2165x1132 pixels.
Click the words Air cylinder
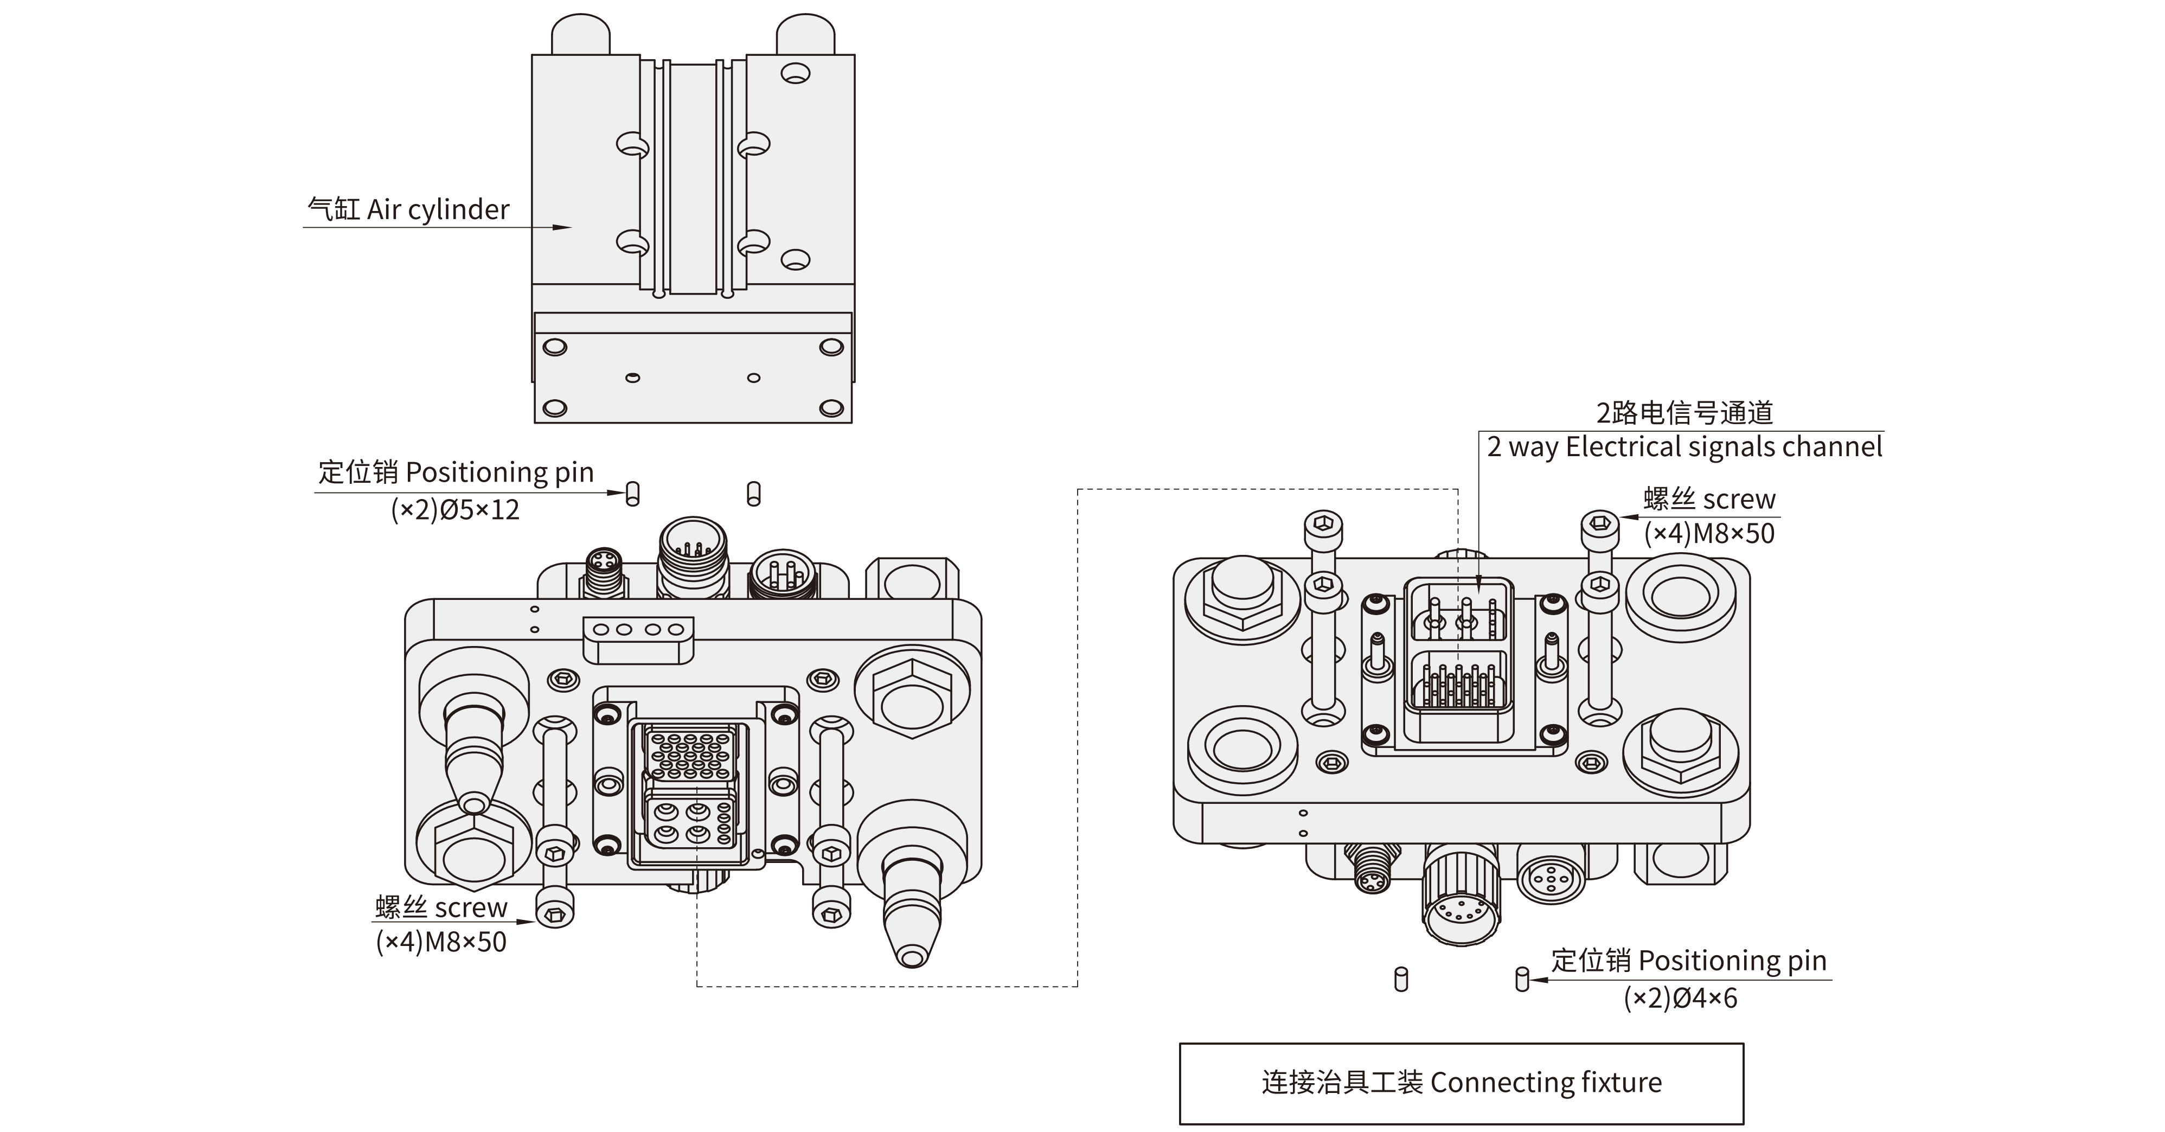click(x=438, y=209)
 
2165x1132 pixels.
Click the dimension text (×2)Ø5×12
click(x=454, y=509)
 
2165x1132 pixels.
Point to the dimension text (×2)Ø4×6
click(x=1680, y=999)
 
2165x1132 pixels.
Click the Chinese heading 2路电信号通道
click(x=1684, y=413)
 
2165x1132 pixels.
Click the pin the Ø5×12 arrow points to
click(x=633, y=494)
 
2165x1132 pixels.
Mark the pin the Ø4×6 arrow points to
click(x=1522, y=980)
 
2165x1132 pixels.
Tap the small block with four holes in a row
click(x=639, y=630)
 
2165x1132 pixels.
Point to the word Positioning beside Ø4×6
click(x=1711, y=961)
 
